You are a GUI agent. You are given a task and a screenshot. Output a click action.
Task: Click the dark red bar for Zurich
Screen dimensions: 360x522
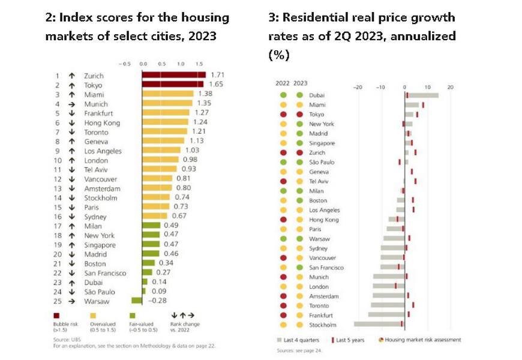173,76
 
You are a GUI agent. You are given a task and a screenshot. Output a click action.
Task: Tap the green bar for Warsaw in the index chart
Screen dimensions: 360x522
137,301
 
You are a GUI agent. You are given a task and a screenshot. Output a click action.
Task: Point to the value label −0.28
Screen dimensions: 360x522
155,301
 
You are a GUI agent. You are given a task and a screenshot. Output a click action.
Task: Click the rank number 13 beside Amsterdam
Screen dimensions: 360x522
58,188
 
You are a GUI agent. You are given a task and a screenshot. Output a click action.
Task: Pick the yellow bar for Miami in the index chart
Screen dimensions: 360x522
167,94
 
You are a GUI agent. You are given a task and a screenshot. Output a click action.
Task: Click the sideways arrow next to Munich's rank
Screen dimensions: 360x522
71,104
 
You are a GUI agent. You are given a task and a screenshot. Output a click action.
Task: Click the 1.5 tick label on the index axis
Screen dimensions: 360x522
199,63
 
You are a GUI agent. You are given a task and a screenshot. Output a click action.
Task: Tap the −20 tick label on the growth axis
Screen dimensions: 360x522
359,87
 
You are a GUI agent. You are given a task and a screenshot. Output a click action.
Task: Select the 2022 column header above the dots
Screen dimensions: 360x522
283,83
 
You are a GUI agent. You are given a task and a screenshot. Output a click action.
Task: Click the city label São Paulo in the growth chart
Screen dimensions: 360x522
322,162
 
